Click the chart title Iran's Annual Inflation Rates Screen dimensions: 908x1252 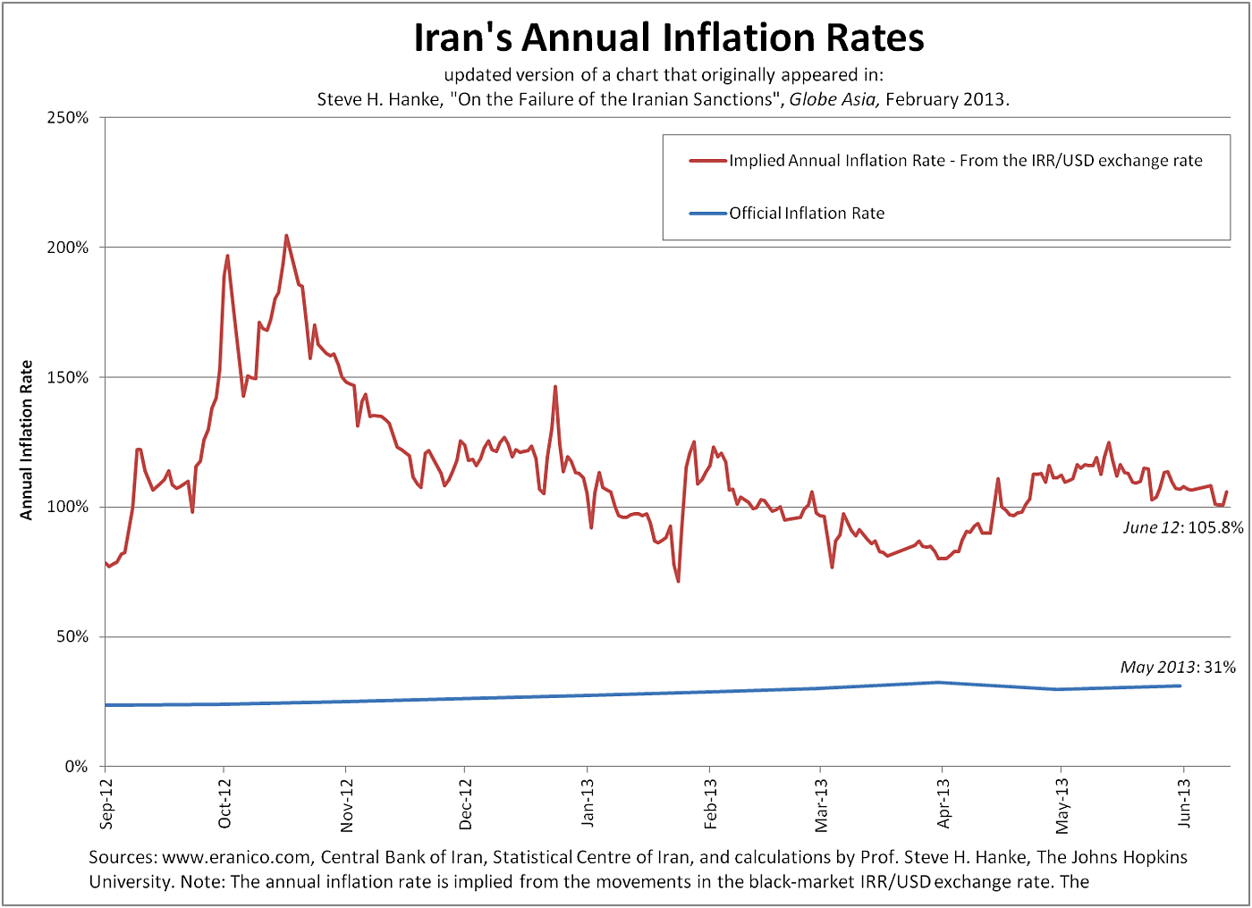pyautogui.click(x=668, y=38)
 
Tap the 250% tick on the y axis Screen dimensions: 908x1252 pyautogui.click(x=68, y=118)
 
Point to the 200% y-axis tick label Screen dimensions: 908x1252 pyautogui.click(x=68, y=248)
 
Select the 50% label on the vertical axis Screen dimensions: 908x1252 pyautogui.click(x=72, y=637)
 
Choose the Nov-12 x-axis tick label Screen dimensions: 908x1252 pyautogui.click(x=347, y=804)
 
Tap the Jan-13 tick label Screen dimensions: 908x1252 pyautogui.click(x=588, y=802)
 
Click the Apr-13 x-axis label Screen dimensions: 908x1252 pyautogui.click(x=943, y=803)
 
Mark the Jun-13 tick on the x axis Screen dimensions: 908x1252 pyautogui.click(x=1184, y=802)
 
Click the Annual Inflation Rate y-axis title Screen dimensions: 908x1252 pyautogui.click(x=27, y=440)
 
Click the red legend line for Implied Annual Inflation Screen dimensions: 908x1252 pyautogui.click(x=707, y=161)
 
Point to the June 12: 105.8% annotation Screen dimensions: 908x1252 pyautogui.click(x=1182, y=527)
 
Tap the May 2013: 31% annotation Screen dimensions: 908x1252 pyautogui.click(x=1177, y=668)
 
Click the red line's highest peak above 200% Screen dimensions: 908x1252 pyautogui.click(x=286, y=236)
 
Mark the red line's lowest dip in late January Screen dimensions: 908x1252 pyautogui.click(x=678, y=582)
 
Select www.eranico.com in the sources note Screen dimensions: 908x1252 pyautogui.click(x=235, y=857)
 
